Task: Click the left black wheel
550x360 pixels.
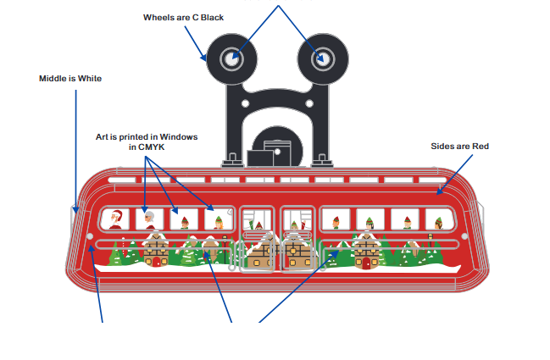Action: tap(219, 61)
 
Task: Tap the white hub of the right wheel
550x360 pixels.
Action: tap(322, 58)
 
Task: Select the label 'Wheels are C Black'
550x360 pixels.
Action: tap(183, 17)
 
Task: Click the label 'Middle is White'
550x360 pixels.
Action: tap(70, 79)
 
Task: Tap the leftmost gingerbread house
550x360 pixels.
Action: tap(155, 250)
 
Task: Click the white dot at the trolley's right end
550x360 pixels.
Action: tap(464, 235)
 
